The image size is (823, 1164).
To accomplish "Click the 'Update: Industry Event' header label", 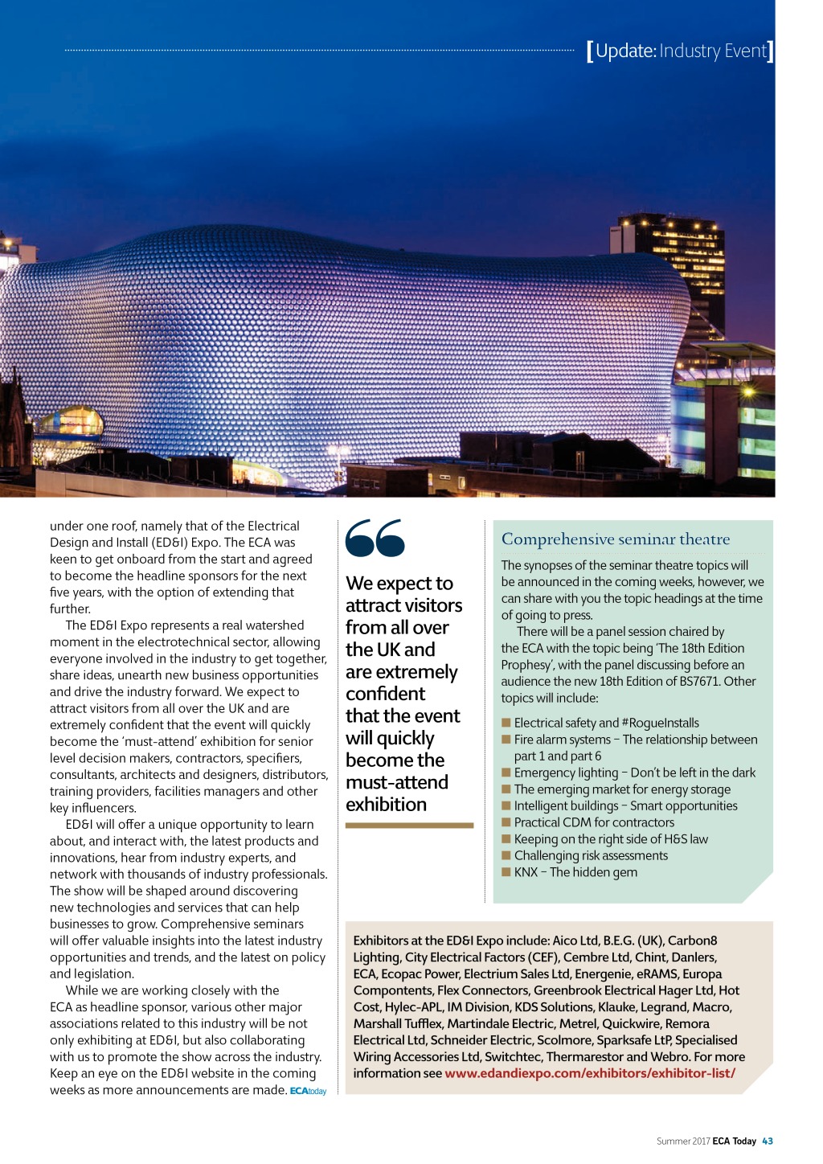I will coord(680,51).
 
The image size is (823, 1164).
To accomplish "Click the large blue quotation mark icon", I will coord(375,539).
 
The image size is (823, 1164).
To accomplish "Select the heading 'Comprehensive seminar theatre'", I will coord(616,539).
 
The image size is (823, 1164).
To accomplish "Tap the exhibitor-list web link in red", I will coord(590,1073).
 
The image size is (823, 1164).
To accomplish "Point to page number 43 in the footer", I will coord(768,1141).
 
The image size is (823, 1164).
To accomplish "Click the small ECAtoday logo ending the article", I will coord(308,1091).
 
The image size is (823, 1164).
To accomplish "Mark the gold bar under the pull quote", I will coord(409,825).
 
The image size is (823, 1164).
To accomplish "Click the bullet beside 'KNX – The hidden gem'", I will coord(506,872).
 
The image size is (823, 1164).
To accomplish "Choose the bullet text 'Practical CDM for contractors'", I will coord(594,822).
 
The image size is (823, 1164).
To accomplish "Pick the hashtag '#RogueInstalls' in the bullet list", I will coord(661,723).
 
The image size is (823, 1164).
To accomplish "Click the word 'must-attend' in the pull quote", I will coord(397,782).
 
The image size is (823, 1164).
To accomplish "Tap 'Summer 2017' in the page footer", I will coord(683,1141).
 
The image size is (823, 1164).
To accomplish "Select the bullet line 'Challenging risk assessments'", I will coord(591,855).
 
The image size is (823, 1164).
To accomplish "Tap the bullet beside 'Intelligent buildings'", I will coord(506,805).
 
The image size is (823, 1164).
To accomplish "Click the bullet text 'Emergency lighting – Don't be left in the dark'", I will coord(635,773).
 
